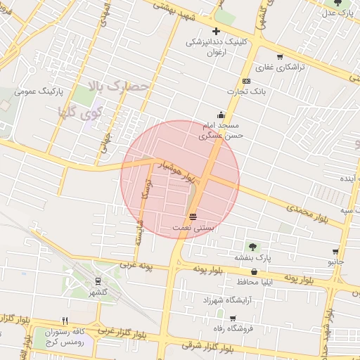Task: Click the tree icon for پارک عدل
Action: (x=337, y=4)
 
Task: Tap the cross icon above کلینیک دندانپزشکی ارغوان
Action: (x=216, y=30)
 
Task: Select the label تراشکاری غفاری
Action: (x=279, y=68)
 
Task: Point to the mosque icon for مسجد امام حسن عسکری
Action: (x=221, y=115)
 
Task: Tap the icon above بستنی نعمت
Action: (x=193, y=215)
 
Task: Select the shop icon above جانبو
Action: (x=336, y=251)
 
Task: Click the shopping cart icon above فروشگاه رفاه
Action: (x=233, y=318)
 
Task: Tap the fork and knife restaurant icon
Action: (x=65, y=321)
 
